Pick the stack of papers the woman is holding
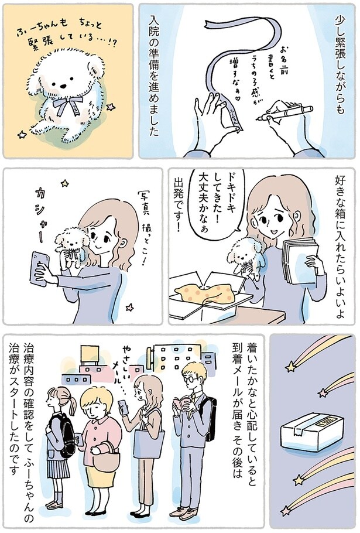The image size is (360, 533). tap(302, 252)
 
